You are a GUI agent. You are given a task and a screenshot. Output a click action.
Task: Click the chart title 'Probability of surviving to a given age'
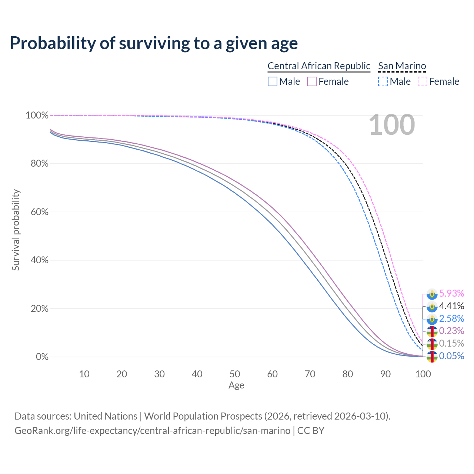[154, 43]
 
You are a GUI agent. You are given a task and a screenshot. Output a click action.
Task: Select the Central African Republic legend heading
[319, 66]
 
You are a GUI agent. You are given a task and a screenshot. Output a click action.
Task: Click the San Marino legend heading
[402, 66]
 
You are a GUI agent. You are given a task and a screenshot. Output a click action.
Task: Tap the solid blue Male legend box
[273, 81]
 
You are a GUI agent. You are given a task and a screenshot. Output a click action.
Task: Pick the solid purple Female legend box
[312, 81]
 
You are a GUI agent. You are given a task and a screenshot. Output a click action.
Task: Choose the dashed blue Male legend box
[383, 81]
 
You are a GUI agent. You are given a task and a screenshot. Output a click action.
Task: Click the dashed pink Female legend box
[423, 81]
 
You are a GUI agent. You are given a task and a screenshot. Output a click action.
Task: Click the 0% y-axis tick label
[42, 357]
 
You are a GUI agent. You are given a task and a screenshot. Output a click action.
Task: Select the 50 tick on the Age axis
[235, 374]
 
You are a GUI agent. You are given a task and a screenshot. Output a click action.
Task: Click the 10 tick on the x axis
[84, 374]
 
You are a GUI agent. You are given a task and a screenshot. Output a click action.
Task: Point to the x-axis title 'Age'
[236, 385]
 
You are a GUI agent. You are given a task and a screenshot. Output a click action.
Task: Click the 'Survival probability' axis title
[16, 230]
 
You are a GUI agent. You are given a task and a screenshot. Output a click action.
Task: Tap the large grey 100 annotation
[392, 125]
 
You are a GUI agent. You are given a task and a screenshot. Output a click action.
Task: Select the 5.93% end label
[451, 293]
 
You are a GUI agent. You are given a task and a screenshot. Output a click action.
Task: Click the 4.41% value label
[451, 306]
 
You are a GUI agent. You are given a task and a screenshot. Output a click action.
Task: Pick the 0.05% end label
[451, 356]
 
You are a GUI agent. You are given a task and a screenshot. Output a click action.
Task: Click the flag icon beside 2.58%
[432, 318]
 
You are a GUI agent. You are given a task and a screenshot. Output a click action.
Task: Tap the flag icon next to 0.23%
[432, 331]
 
